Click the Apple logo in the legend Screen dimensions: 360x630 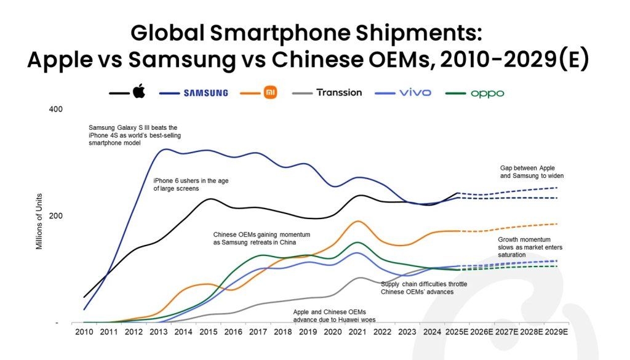(138, 92)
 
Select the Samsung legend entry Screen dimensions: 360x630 (205, 93)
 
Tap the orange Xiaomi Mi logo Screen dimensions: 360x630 (270, 92)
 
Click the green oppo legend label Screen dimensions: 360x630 (487, 94)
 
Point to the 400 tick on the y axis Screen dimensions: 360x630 (55, 110)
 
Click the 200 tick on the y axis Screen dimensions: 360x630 (55, 216)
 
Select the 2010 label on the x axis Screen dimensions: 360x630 (84, 332)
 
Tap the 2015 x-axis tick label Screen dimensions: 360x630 (209, 332)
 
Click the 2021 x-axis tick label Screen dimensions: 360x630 (358, 332)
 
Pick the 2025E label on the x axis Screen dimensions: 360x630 (457, 332)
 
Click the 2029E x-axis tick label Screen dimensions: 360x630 (556, 332)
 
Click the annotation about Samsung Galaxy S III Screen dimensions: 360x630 (134, 135)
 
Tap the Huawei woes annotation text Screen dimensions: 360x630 (334, 316)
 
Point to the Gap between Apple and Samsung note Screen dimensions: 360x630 (532, 171)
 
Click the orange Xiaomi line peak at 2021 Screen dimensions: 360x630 (358, 221)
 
